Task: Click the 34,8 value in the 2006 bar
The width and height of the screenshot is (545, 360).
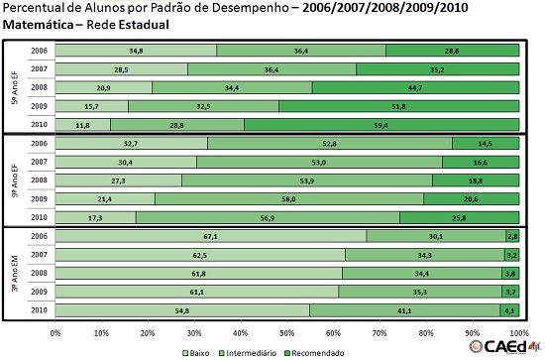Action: point(136,50)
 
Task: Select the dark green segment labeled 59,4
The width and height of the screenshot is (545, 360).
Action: point(381,125)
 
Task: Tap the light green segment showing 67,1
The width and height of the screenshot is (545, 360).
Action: point(210,235)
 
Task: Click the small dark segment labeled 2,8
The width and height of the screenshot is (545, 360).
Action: point(511,235)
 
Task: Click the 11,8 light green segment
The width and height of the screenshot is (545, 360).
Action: point(82,125)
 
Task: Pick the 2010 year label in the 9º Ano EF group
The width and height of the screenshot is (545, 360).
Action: point(38,217)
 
